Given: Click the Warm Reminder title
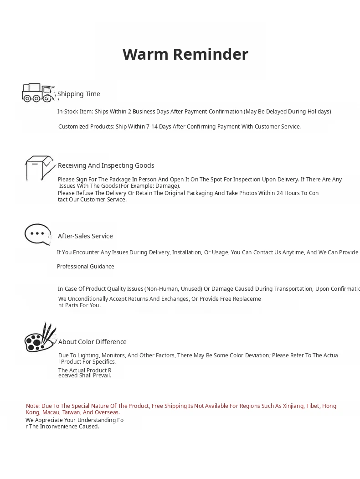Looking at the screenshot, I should [185, 54].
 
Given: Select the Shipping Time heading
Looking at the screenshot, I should [78, 94].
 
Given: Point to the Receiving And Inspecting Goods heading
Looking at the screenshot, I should [106, 165].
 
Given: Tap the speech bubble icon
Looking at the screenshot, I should [37, 234].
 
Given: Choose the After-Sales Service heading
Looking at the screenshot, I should [85, 236].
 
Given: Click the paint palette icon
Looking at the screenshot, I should [40, 338].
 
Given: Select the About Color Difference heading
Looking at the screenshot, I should [92, 342].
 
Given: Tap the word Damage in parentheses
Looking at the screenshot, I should [167, 186].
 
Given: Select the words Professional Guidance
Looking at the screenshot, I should [85, 267].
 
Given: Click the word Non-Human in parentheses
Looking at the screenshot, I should [161, 289].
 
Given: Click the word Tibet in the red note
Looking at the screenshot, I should [312, 406].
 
